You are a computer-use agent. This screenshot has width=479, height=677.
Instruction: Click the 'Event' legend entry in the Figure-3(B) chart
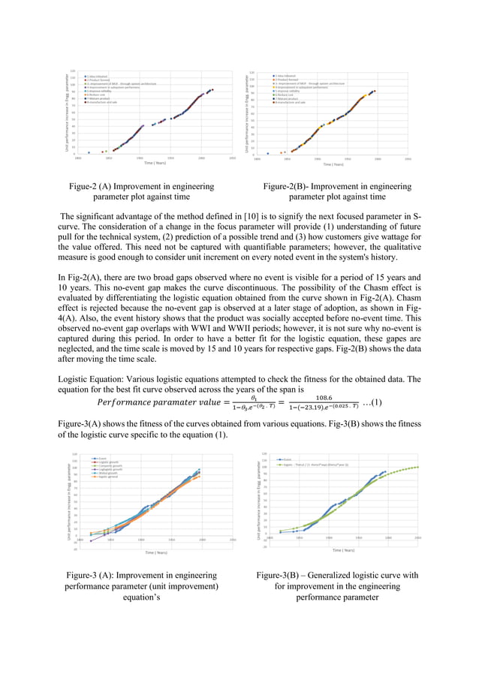coord(285,458)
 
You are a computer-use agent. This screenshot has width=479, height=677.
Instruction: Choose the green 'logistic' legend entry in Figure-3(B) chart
coord(306,463)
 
